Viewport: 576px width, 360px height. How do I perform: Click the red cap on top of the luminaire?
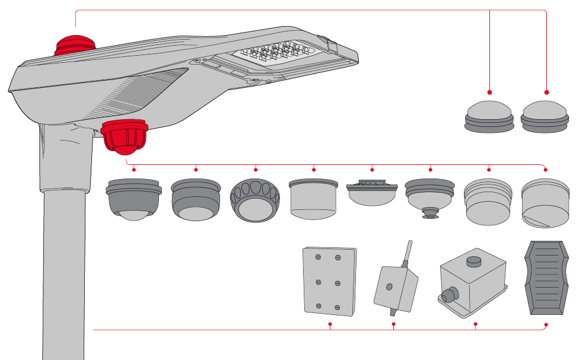(x=74, y=46)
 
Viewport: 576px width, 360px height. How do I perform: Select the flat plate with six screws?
(x=329, y=281)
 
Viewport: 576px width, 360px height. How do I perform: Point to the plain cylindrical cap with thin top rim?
(x=313, y=198)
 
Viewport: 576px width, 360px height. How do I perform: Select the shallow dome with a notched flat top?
(x=372, y=193)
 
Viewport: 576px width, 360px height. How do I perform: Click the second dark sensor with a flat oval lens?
(x=195, y=199)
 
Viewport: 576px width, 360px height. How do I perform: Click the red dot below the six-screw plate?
(x=330, y=324)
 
